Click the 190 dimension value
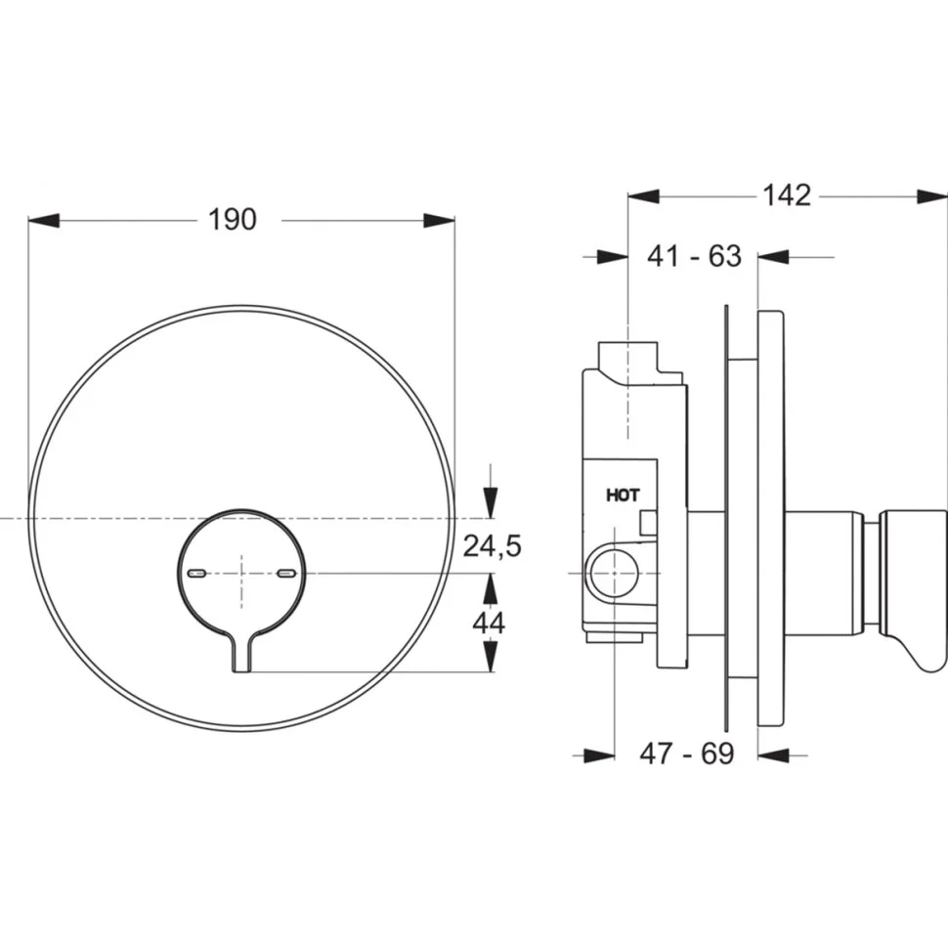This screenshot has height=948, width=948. tap(233, 220)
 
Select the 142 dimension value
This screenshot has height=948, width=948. tap(787, 195)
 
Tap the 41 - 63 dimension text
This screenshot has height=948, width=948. tap(694, 256)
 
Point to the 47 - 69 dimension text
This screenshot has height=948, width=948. tap(687, 754)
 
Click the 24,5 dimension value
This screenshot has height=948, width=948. tap(493, 546)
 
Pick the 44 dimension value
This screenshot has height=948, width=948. tap(489, 623)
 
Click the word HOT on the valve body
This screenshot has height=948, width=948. tap(623, 496)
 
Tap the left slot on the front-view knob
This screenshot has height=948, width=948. tap(198, 572)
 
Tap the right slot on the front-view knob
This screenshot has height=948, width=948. tap(286, 572)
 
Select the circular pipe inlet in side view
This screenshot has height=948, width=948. tap(615, 572)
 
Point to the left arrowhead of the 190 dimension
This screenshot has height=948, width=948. tap(44, 220)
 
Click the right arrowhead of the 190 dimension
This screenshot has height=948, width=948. tap(440, 220)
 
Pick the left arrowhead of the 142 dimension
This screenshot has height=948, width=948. tap(643, 196)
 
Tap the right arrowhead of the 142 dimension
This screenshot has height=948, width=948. tap(931, 196)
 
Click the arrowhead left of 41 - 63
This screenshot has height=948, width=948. tap(613, 257)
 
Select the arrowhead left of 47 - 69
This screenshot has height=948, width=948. tap(599, 754)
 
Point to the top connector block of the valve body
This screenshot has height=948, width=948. tap(627, 362)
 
